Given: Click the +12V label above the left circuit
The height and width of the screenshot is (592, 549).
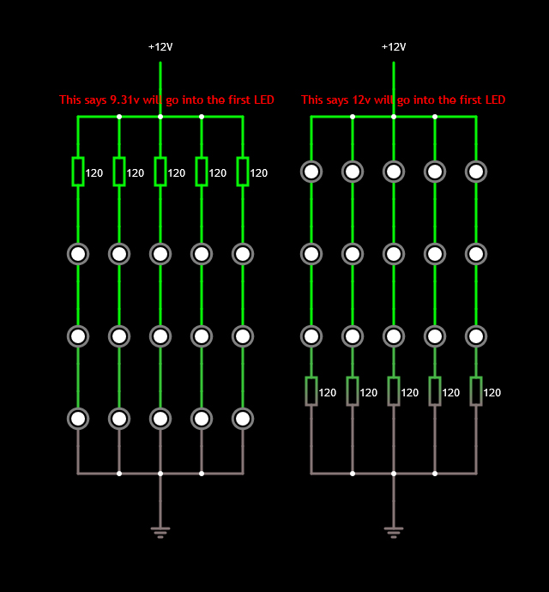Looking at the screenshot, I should tap(160, 46).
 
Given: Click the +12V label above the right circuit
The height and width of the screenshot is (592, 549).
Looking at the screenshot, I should tap(394, 46).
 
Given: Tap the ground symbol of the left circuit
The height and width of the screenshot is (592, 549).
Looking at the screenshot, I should tap(160, 532).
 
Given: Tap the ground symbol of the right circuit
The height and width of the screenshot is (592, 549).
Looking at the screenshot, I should tap(394, 532).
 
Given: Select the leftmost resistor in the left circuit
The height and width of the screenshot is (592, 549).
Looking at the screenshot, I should tap(78, 172).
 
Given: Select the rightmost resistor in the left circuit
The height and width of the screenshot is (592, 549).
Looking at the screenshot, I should tap(243, 172).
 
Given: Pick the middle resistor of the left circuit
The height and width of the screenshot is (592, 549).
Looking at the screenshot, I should tap(160, 172).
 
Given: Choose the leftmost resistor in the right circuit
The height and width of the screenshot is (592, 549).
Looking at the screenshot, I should tap(311, 391).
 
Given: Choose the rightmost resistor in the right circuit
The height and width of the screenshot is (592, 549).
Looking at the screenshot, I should tap(476, 391).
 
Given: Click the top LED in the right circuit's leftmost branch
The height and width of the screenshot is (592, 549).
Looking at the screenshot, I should tap(311, 172).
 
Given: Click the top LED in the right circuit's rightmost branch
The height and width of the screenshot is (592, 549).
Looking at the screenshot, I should tap(476, 172).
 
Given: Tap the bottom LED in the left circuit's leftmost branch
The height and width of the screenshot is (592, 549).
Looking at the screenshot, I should tap(78, 419).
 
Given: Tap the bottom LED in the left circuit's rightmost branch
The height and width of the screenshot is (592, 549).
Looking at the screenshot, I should tap(243, 419).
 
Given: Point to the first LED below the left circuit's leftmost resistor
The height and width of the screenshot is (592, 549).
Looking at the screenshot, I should tap(78, 254).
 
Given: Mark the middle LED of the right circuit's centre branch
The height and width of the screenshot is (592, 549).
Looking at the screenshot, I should tap(394, 254).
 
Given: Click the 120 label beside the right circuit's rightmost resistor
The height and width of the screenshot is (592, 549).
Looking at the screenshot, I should tap(492, 393).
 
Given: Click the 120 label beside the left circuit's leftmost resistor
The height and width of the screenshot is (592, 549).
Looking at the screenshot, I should tap(94, 173).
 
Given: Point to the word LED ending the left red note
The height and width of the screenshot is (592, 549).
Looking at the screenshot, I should tap(263, 100).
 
